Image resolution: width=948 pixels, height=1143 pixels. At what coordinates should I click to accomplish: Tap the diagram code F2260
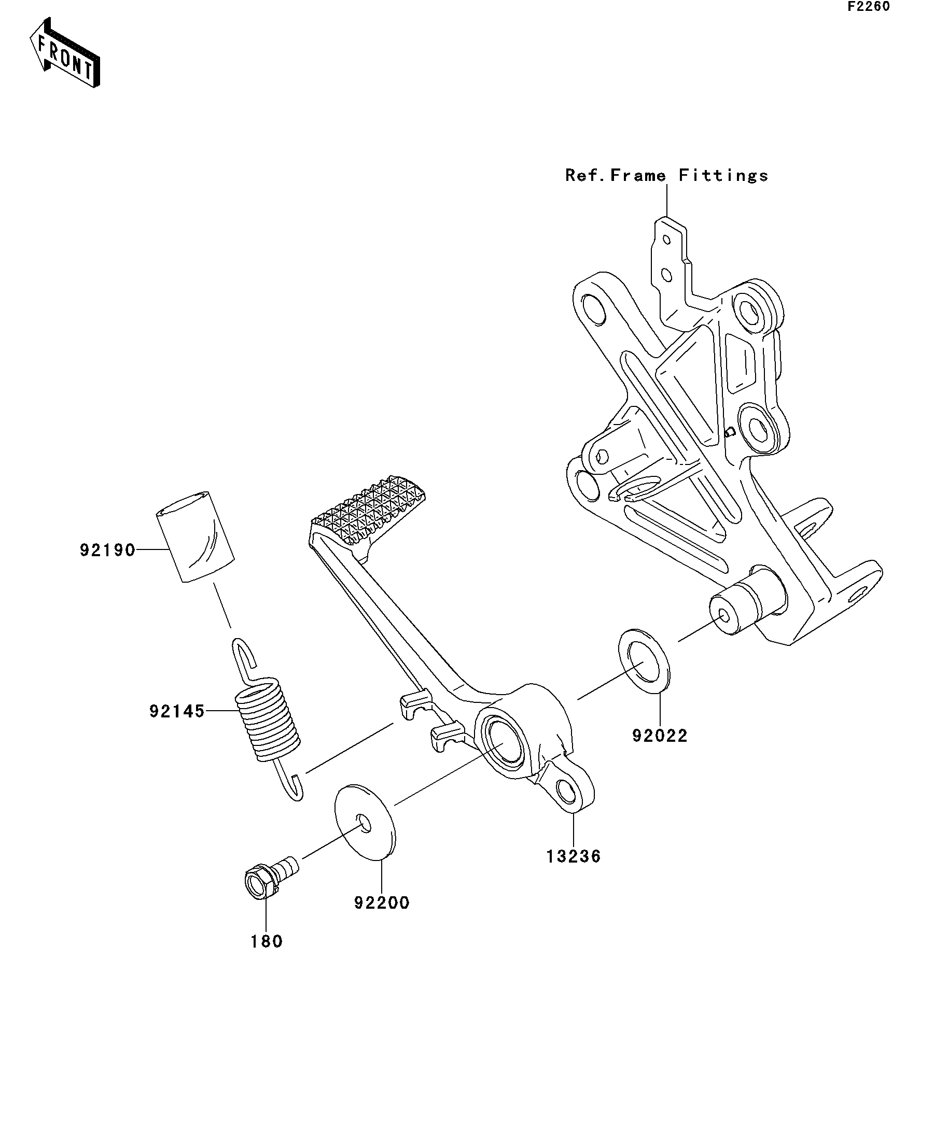pos(868,7)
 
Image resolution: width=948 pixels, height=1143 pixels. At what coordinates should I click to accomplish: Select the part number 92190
pos(107,551)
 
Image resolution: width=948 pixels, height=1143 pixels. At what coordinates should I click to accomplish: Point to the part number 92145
pos(177,711)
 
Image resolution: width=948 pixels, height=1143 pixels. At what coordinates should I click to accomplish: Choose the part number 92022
pos(660,736)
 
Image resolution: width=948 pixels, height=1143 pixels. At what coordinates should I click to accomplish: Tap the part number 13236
pos(574,856)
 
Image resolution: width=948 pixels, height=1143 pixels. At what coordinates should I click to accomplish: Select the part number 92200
pos(381,903)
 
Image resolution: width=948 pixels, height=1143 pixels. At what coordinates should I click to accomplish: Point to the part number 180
pos(266,941)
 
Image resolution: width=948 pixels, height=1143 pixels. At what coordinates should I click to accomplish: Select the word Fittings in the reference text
pos(723,175)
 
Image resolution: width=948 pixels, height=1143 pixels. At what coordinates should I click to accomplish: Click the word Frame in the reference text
pos(638,175)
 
